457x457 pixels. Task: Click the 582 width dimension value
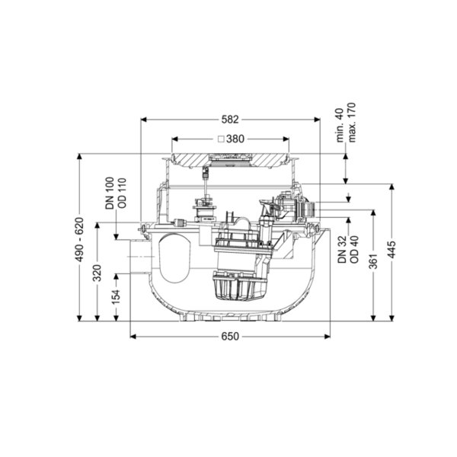pyautogui.click(x=230, y=120)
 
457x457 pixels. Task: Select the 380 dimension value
pyautogui.click(x=235, y=139)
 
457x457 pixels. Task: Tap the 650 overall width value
pyautogui.click(x=230, y=337)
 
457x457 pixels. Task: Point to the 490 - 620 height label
pyautogui.click(x=79, y=240)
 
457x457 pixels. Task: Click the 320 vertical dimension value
pyautogui.click(x=97, y=273)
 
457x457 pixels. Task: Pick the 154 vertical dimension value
pyautogui.click(x=116, y=297)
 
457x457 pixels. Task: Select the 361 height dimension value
pyautogui.click(x=373, y=261)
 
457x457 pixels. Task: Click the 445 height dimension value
pyautogui.click(x=392, y=250)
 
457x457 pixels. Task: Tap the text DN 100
pyautogui.click(x=110, y=193)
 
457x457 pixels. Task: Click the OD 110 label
pyautogui.click(x=123, y=193)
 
